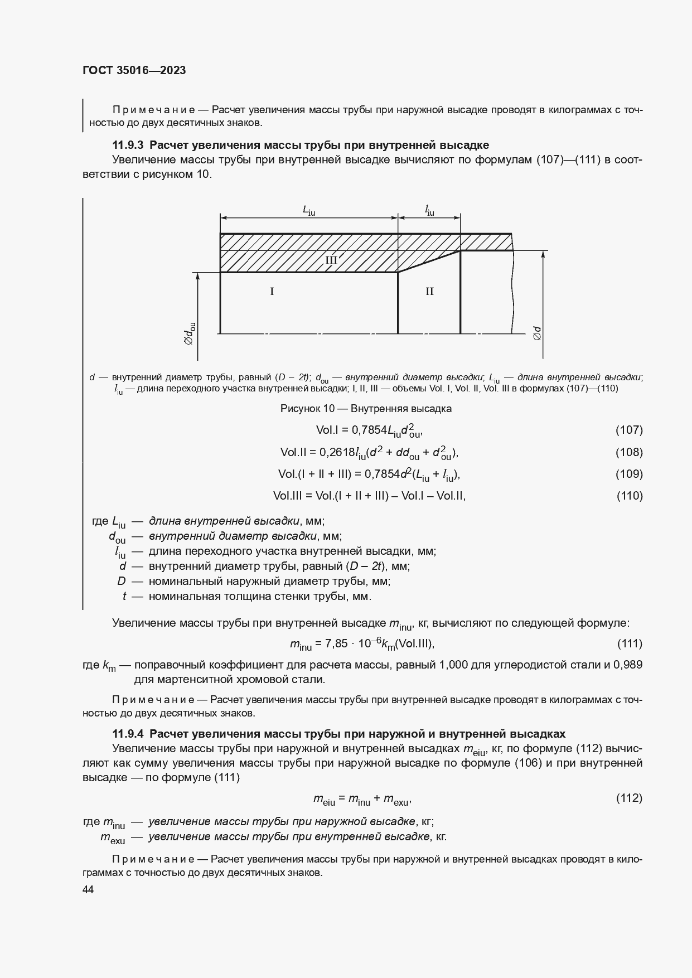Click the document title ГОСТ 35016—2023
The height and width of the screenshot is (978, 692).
pos(134,70)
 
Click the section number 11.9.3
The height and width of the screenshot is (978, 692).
pos(128,145)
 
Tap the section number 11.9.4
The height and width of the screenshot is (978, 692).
pos(128,733)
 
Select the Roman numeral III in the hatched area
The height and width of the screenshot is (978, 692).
pos(331,260)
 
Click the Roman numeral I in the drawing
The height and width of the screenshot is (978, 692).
pos(272,291)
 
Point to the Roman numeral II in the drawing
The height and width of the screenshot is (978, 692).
pos(429,291)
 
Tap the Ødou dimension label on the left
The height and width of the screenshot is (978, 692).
pos(190,333)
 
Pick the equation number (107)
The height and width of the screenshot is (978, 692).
pos(629,430)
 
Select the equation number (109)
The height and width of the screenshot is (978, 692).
pos(629,474)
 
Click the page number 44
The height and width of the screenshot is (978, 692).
pos(88,890)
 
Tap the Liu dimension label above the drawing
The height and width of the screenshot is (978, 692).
pos(308,210)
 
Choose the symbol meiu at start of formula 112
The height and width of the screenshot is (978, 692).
pos(324,800)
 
